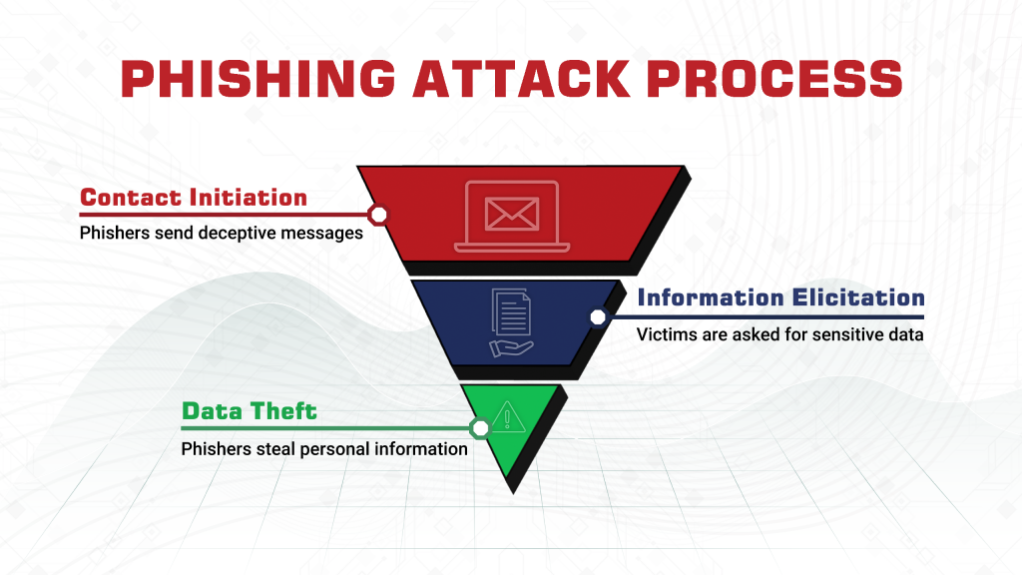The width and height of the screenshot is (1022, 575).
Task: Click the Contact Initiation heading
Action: click(194, 197)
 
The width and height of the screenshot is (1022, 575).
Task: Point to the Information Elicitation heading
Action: click(780, 297)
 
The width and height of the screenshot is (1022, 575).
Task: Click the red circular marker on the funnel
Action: click(378, 215)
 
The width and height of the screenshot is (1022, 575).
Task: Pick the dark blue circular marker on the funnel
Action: click(598, 317)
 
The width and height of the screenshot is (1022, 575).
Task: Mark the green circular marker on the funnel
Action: click(480, 428)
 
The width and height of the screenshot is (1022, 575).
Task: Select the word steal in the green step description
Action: click(275, 449)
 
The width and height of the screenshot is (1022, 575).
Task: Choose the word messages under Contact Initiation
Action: click(326, 234)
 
